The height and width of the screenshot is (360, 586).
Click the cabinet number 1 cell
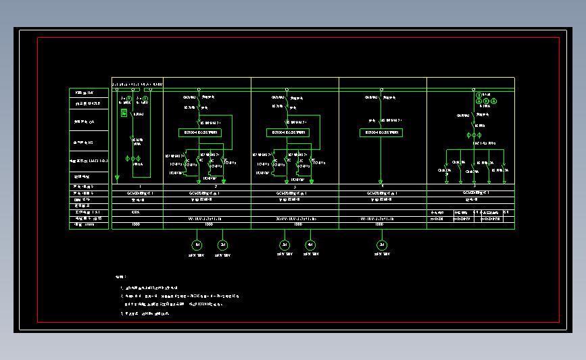point(140,186)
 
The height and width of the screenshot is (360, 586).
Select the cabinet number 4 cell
point(383,186)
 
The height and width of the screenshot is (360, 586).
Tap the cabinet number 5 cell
point(475,186)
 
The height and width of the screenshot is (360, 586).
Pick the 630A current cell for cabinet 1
point(136,212)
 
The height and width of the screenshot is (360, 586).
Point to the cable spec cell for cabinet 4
point(383,218)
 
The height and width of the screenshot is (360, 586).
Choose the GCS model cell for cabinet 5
point(475,192)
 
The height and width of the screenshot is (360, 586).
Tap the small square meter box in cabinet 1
point(124,113)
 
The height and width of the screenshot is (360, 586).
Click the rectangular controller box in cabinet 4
point(381,132)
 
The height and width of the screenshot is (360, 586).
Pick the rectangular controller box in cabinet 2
point(200,132)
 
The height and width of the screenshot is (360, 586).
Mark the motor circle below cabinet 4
point(383,245)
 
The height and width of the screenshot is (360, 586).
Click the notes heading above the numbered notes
point(120,277)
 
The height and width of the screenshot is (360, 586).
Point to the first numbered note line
point(149,288)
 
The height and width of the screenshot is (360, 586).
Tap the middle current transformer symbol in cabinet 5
point(479,136)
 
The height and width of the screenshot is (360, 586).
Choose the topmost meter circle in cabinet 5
point(479,95)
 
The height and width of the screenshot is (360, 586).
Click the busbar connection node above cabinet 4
point(382,89)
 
